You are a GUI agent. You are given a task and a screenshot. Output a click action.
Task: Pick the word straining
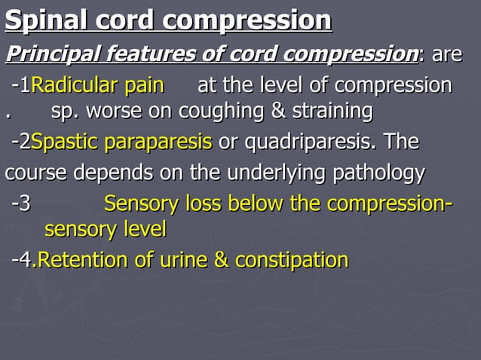point(332,111)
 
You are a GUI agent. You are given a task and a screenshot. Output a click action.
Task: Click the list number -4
point(23,261)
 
